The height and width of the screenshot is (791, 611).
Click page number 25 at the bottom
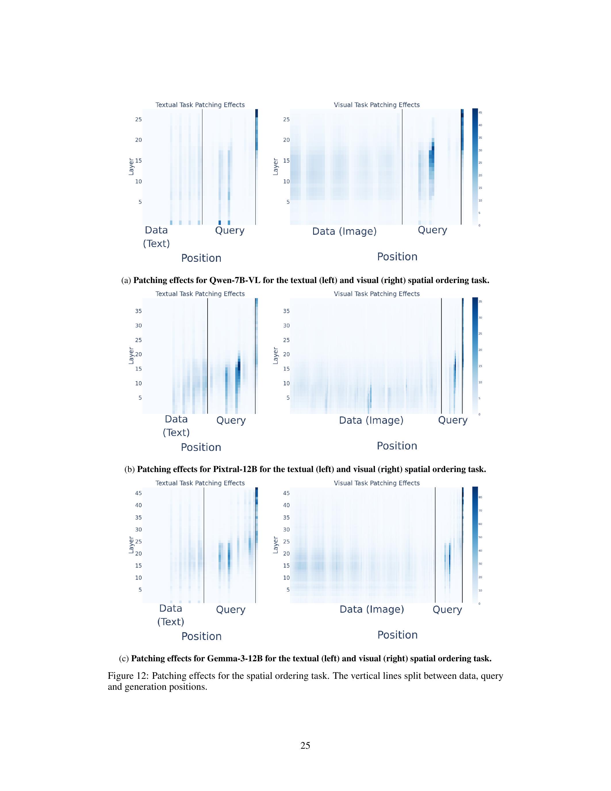(x=305, y=745)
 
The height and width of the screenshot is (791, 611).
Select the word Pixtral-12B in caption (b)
(x=235, y=469)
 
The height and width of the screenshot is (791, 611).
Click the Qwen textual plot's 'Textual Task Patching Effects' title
(x=200, y=105)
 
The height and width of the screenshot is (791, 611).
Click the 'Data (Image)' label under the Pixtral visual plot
(x=371, y=420)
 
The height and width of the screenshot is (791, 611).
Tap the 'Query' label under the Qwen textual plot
(x=229, y=230)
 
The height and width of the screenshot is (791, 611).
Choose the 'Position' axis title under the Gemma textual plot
(x=201, y=636)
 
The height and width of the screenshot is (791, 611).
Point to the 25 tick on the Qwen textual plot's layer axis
(x=139, y=120)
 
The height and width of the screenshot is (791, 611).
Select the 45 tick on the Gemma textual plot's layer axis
(x=139, y=493)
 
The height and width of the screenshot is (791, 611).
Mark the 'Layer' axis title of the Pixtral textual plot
(x=131, y=355)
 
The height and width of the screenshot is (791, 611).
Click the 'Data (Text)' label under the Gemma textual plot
(x=171, y=615)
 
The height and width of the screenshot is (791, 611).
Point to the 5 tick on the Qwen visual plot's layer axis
(x=288, y=202)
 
